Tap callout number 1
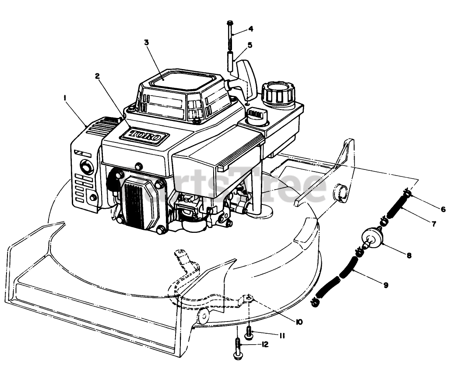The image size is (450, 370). click(65, 99)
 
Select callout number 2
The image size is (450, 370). click(98, 76)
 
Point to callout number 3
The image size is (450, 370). click(147, 42)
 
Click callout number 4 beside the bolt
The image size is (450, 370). click(250, 29)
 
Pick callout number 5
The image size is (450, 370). click(250, 45)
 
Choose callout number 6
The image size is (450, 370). click(443, 209)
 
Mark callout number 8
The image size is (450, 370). click(409, 256)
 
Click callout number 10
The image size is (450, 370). click(299, 322)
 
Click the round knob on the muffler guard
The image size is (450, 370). click(86, 166)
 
